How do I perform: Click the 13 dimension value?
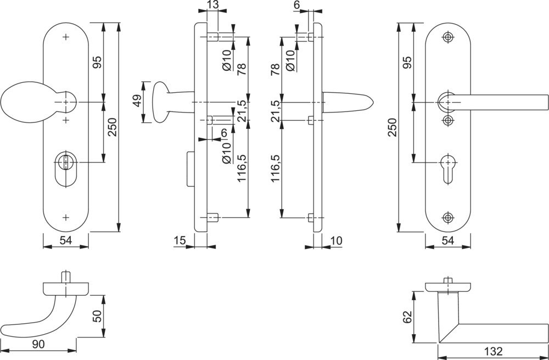[x=212, y=5]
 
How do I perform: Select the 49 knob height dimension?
[x=137, y=102]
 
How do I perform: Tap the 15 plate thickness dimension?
[x=180, y=240]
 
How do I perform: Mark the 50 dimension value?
[x=97, y=316]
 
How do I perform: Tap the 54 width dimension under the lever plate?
[x=447, y=240]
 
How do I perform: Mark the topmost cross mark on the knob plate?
[x=66, y=37]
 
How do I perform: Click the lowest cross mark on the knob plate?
[x=66, y=217]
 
